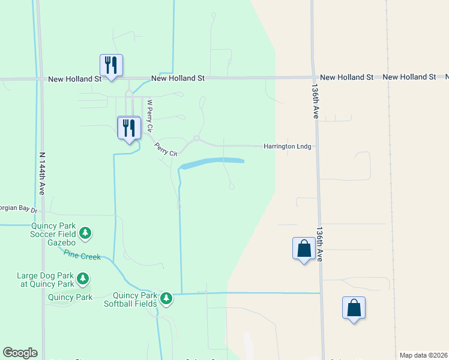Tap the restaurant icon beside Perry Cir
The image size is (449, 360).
coord(129,128)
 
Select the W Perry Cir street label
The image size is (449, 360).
coord(151,116)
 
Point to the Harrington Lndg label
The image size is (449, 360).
coord(288,146)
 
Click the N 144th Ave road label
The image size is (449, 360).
coord(42,172)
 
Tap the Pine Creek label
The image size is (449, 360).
coord(82,257)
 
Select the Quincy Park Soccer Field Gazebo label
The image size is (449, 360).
coord(53,234)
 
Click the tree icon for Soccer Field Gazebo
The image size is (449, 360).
coord(85,233)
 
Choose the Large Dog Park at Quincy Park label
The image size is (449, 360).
coord(46,280)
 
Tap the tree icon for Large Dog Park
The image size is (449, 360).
coord(83,279)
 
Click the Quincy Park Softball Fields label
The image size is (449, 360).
coord(137,299)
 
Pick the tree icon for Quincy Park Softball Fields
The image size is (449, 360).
coord(166,298)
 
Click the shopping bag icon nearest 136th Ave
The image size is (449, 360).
coord(304,248)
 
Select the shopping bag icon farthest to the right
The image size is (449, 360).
coord(354,308)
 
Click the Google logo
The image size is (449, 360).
coord(20,353)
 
